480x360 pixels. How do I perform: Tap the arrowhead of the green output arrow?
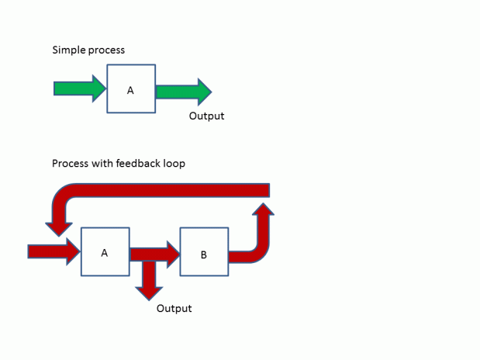203,92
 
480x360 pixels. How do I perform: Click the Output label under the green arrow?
206,116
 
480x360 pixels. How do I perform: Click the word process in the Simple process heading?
107,50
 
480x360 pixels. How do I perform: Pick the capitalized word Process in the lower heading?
70,164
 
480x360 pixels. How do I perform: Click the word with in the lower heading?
104,164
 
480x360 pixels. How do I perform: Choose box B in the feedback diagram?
204,252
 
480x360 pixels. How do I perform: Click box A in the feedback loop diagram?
105,252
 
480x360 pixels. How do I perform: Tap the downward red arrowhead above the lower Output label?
148,291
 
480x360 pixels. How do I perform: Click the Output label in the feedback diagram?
174,308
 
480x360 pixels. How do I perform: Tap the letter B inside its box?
203,254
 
